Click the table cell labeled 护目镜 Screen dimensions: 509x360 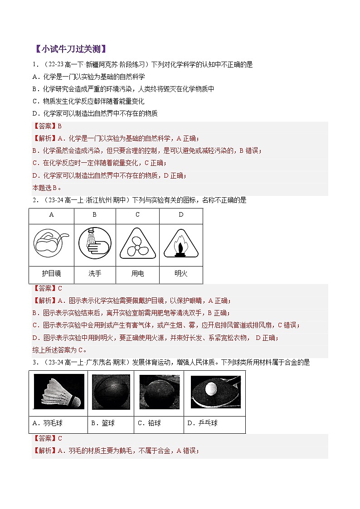[51, 274]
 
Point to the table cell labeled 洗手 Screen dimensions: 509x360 [94, 274]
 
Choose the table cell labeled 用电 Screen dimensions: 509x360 [137, 274]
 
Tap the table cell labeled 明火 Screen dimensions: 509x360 [181, 274]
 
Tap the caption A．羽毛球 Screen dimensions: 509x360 [48, 423]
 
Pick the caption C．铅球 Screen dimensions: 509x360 [149, 423]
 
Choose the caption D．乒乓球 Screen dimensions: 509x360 [202, 423]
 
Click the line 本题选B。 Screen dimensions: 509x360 [47, 188]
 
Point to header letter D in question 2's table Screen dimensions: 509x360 [181, 215]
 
